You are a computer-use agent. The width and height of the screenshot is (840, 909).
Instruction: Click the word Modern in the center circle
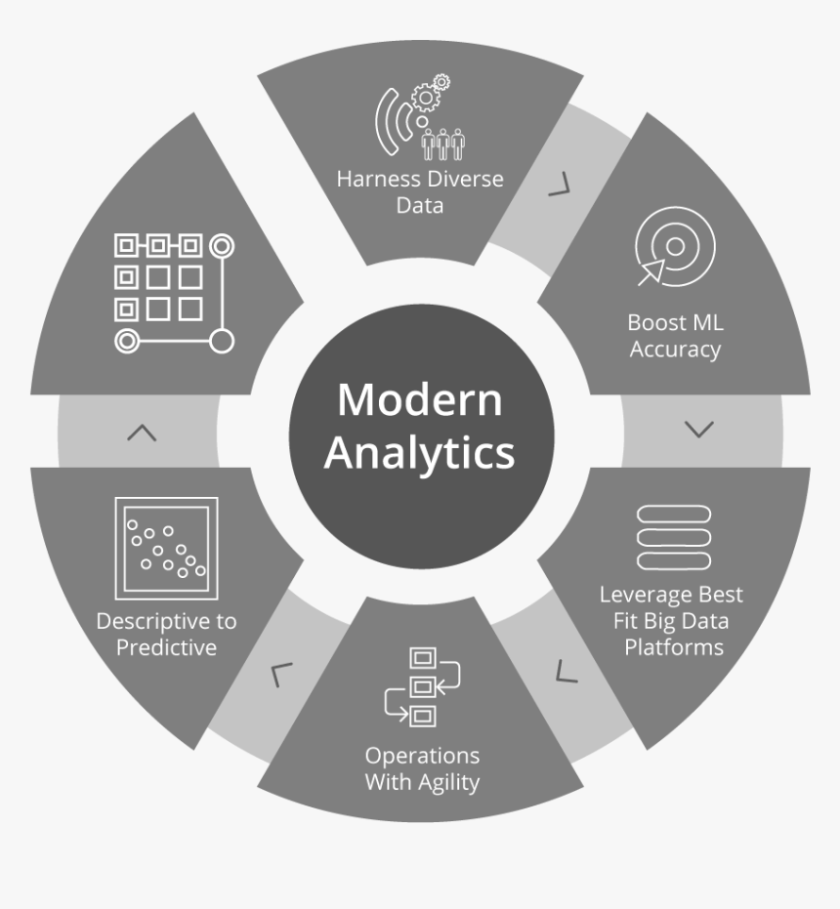(x=420, y=399)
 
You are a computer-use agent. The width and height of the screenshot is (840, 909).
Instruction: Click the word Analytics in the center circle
(x=419, y=453)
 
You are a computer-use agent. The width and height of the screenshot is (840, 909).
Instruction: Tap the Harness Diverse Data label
(x=420, y=192)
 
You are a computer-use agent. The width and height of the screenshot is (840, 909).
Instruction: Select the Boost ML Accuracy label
(x=675, y=336)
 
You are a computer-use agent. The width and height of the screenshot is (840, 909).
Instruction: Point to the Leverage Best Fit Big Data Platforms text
(x=672, y=620)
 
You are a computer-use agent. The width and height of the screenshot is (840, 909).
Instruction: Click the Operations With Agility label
(x=422, y=768)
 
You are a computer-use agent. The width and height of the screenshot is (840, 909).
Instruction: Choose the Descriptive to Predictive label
(x=166, y=634)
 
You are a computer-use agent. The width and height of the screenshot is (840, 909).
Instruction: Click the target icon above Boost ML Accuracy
(x=675, y=246)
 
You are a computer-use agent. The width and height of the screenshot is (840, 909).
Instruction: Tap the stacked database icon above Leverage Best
(x=674, y=537)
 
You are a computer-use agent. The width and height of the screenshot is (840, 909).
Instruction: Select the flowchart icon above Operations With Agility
(x=422, y=687)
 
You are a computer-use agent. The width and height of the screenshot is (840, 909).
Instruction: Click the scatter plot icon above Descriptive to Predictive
(x=166, y=548)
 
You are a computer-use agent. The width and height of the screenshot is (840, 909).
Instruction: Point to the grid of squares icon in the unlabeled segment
(x=174, y=293)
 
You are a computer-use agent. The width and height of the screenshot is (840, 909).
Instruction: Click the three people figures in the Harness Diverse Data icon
(x=443, y=145)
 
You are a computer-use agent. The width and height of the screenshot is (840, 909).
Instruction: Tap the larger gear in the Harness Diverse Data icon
(x=426, y=98)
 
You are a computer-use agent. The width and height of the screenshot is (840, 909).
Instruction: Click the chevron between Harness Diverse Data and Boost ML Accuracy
(x=560, y=185)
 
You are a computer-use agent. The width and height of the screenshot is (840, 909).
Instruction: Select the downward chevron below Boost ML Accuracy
(x=699, y=430)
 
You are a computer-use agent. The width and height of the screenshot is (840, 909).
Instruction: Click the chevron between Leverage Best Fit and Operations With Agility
(x=566, y=671)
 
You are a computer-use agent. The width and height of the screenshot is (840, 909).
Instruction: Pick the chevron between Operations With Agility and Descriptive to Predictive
(x=280, y=675)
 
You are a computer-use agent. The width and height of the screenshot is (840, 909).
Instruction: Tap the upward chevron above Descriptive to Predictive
(x=142, y=433)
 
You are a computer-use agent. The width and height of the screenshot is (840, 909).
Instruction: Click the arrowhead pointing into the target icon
(x=653, y=270)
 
